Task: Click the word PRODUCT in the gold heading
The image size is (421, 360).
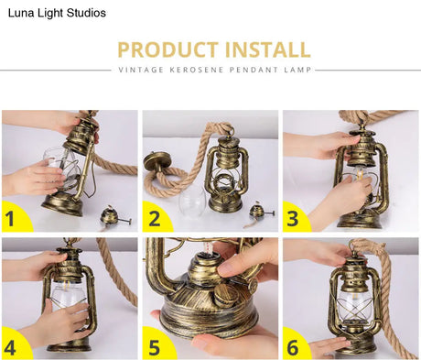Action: pos(167,49)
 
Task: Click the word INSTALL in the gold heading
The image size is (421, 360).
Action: pos(267,49)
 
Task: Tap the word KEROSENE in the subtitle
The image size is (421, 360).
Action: pos(196,70)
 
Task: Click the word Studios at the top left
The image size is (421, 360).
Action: pos(86,13)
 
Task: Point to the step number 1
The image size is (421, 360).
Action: pos(10,219)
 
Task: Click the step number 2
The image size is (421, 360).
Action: pos(154,219)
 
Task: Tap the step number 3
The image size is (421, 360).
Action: pos(293,219)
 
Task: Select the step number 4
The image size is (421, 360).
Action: pos(10,348)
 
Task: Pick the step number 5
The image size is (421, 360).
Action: pos(154,348)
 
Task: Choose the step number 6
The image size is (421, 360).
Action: pos(293,348)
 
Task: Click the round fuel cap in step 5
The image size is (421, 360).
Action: pos(226,295)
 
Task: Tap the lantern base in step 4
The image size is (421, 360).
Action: pos(69,345)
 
